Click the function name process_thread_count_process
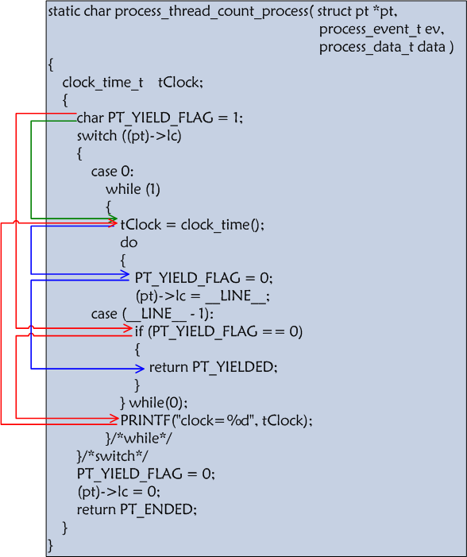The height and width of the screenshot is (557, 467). pos(212,12)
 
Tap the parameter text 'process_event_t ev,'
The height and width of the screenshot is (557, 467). pos(381,29)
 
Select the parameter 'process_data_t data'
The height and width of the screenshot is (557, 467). pos(382,47)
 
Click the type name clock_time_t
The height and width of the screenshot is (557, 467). pos(102,83)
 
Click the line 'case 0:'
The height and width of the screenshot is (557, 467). pos(112,172)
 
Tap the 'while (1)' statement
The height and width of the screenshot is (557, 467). pos(133,189)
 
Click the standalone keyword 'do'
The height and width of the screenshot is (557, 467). pos(129,242)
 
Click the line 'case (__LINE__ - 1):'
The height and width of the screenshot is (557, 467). pos(152,314)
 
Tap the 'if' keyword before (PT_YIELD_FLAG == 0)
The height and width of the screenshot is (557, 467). pos(139,331)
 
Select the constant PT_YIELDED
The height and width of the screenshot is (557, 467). pos(235,367)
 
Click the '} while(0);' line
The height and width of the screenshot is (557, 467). pos(154,403)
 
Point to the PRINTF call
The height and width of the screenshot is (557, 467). pos(216,420)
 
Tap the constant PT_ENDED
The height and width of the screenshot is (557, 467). pos(158,509)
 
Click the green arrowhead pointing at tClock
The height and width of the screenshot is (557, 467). pos(114,218)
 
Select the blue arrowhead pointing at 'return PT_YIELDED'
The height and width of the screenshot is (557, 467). pos(140,369)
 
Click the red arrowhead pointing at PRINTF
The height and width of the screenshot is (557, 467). pos(114,418)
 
